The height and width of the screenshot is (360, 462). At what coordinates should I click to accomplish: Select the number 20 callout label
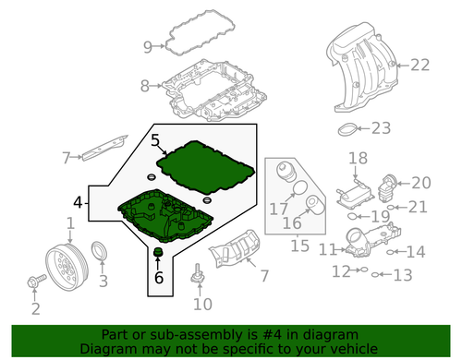(420, 183)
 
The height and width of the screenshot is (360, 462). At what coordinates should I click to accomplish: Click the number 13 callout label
(401, 275)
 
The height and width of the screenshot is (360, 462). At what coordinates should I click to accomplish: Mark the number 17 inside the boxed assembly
(278, 210)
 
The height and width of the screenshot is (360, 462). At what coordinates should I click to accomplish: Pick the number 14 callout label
(416, 251)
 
